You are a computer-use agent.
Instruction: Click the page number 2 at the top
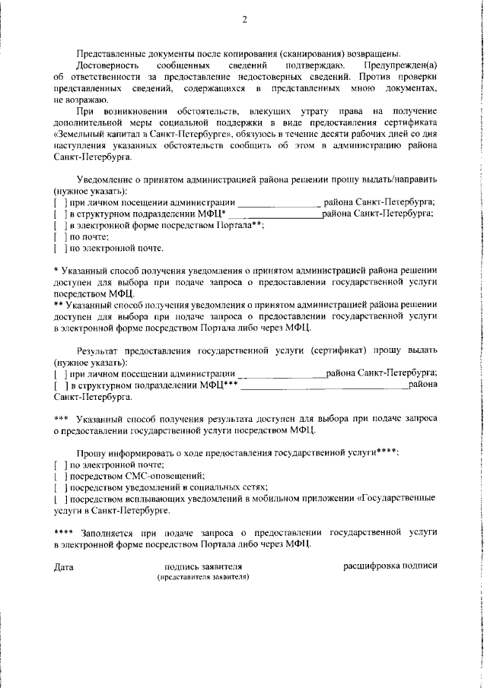pos(244,20)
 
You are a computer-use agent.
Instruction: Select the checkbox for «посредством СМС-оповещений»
pos(59,475)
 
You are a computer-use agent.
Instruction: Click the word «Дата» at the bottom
pos(64,566)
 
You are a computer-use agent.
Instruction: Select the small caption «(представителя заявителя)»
pos(203,577)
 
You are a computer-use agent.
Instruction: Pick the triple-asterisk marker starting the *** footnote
pos(62,419)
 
